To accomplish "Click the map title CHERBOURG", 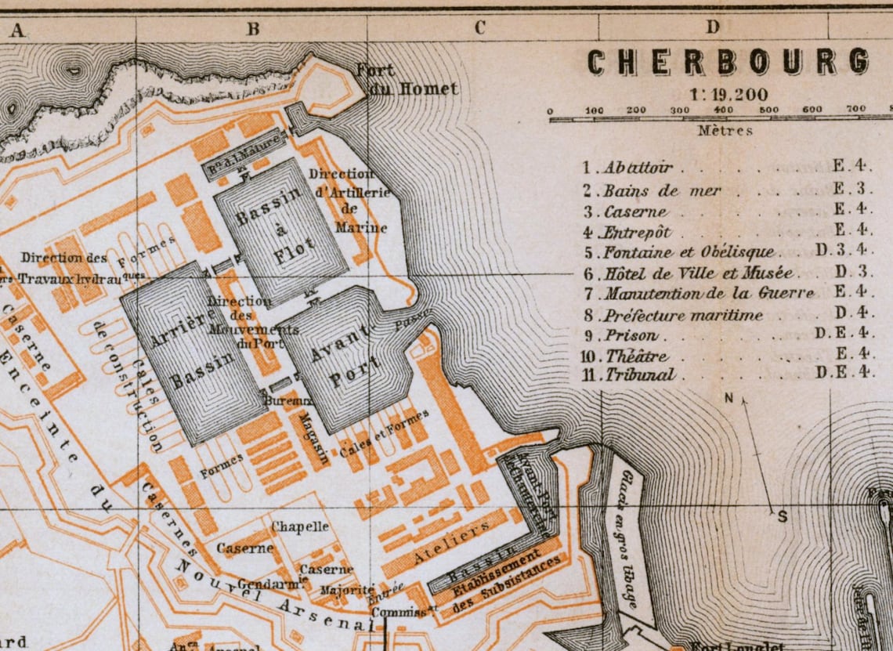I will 728,62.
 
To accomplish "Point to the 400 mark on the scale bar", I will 723,110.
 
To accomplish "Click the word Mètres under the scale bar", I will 725,131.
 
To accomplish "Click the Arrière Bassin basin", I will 193,353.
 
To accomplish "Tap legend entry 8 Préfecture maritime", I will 681,315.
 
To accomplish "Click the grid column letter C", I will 480,28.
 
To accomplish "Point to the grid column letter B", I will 253,29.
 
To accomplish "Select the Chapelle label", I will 300,527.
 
